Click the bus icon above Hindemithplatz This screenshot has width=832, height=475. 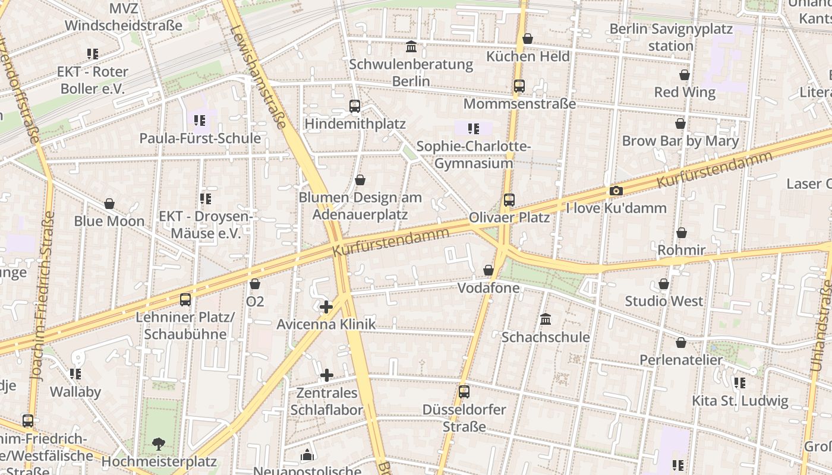(x=355, y=106)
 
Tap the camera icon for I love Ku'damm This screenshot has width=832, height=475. (x=616, y=191)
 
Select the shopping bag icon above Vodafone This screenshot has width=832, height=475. (x=489, y=270)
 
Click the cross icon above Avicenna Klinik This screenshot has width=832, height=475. (x=326, y=307)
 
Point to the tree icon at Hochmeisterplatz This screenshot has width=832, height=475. (x=158, y=443)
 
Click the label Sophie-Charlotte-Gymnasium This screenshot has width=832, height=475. (x=473, y=155)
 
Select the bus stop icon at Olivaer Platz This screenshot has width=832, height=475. (x=509, y=200)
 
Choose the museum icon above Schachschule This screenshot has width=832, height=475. (x=546, y=319)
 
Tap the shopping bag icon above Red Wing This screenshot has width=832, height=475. (x=685, y=75)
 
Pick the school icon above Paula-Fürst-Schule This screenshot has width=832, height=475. (x=200, y=121)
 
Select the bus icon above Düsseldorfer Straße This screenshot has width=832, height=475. (x=464, y=392)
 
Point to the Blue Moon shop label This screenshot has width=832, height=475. (x=109, y=221)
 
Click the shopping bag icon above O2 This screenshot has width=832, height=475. (x=255, y=284)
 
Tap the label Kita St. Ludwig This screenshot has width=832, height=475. (x=740, y=401)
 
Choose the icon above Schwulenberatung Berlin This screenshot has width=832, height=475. (x=411, y=46)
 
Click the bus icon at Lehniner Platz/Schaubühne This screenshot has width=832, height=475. (x=185, y=300)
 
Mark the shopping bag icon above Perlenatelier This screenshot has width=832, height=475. (x=681, y=343)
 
